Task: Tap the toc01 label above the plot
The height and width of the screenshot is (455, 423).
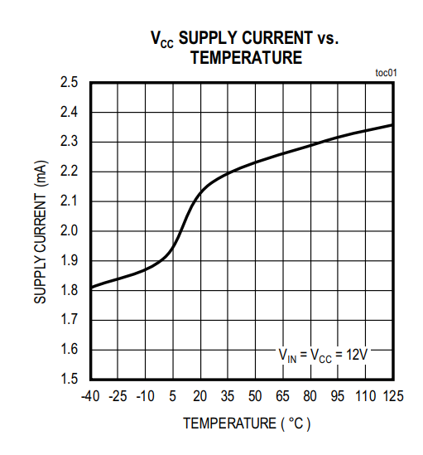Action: coord(387,73)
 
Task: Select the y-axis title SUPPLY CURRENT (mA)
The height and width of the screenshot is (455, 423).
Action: coord(40,232)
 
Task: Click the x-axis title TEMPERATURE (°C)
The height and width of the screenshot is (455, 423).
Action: coord(247,424)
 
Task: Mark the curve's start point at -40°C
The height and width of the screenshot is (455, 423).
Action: coord(90,288)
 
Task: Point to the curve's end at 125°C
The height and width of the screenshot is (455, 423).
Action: coord(392,125)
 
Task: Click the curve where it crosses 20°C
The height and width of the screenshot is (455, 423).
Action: coord(199,193)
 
